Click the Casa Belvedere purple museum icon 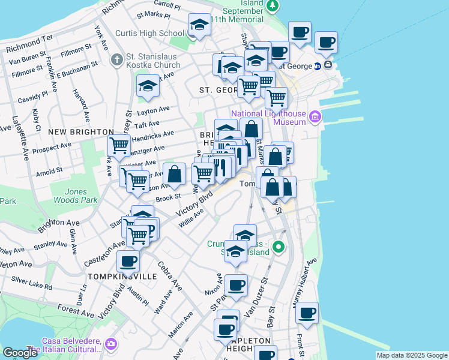(x=110, y=344)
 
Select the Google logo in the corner (x=20, y=353)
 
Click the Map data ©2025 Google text (x=411, y=355)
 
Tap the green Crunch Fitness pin (x=279, y=247)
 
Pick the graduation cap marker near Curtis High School (x=199, y=25)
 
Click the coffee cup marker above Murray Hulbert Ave (x=307, y=313)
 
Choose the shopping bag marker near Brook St (x=174, y=175)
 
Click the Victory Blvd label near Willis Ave (x=194, y=205)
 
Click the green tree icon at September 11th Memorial (x=273, y=5)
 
